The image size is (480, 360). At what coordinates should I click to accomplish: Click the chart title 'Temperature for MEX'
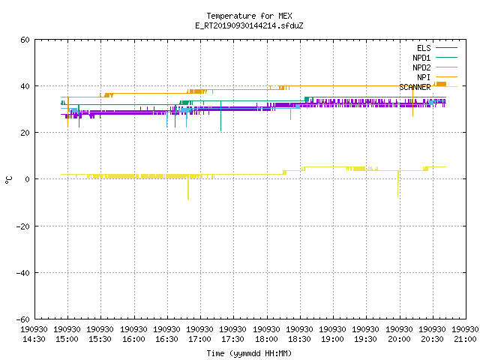pyautogui.click(x=249, y=16)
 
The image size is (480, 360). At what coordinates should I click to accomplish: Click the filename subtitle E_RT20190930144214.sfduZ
pyautogui.click(x=249, y=25)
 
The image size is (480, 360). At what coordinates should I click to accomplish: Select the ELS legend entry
pyautogui.click(x=424, y=48)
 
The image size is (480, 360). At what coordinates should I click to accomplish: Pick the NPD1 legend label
pyautogui.click(x=421, y=58)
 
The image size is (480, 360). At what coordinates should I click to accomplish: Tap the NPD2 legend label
pyautogui.click(x=421, y=67)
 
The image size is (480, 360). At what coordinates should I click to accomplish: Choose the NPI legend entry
pyautogui.click(x=424, y=77)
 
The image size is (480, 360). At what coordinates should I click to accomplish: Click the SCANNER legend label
pyautogui.click(x=415, y=87)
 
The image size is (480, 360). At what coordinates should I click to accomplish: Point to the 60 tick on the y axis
pyautogui.click(x=25, y=40)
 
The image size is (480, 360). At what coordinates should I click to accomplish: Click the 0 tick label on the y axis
pyautogui.click(x=28, y=179)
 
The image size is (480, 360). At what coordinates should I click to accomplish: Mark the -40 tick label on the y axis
pyautogui.click(x=23, y=273)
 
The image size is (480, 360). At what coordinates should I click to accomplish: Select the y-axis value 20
pyautogui.click(x=25, y=133)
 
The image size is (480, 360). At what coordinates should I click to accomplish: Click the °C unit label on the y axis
pyautogui.click(x=8, y=180)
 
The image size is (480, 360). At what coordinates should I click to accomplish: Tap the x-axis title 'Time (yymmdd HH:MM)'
pyautogui.click(x=249, y=353)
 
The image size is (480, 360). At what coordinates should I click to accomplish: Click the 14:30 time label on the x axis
pyautogui.click(x=34, y=339)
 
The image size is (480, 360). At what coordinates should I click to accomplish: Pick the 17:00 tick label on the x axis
pyautogui.click(x=199, y=339)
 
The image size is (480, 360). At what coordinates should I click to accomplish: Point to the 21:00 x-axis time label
pyautogui.click(x=465, y=339)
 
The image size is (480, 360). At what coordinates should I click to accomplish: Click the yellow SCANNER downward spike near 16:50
pyautogui.click(x=188, y=187)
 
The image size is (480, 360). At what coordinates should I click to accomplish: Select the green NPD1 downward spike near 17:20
pyautogui.click(x=220, y=115)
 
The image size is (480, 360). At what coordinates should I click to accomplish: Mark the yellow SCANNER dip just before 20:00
pyautogui.click(x=398, y=184)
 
